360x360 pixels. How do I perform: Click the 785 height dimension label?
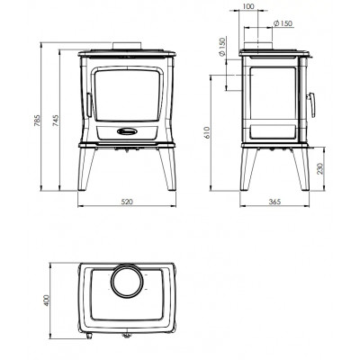[x=37, y=121]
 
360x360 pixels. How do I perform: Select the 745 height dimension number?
[x=57, y=121]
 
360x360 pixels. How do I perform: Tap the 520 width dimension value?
[x=127, y=202]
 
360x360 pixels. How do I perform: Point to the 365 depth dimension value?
[x=274, y=202]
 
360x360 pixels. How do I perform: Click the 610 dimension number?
[x=207, y=132]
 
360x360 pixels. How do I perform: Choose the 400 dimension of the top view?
[x=47, y=301]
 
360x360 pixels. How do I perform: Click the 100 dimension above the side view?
[x=247, y=6]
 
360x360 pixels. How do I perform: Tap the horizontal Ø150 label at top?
[x=283, y=23]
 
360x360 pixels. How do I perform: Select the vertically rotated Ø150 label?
[x=221, y=47]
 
